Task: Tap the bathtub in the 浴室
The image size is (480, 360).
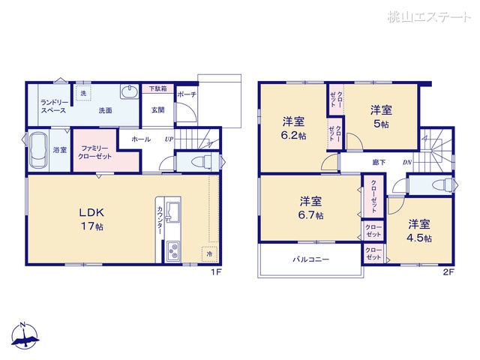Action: tap(37, 151)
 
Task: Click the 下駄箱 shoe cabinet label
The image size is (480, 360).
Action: tap(157, 88)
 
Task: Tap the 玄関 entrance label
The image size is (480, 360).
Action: tap(157, 110)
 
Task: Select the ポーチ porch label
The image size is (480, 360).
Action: tap(187, 95)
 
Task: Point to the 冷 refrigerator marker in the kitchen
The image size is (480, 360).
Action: tap(209, 255)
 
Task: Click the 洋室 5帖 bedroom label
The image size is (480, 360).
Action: tap(380, 116)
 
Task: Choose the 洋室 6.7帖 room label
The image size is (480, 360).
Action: tap(311, 208)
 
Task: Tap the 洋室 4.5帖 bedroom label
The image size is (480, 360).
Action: tap(420, 231)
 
